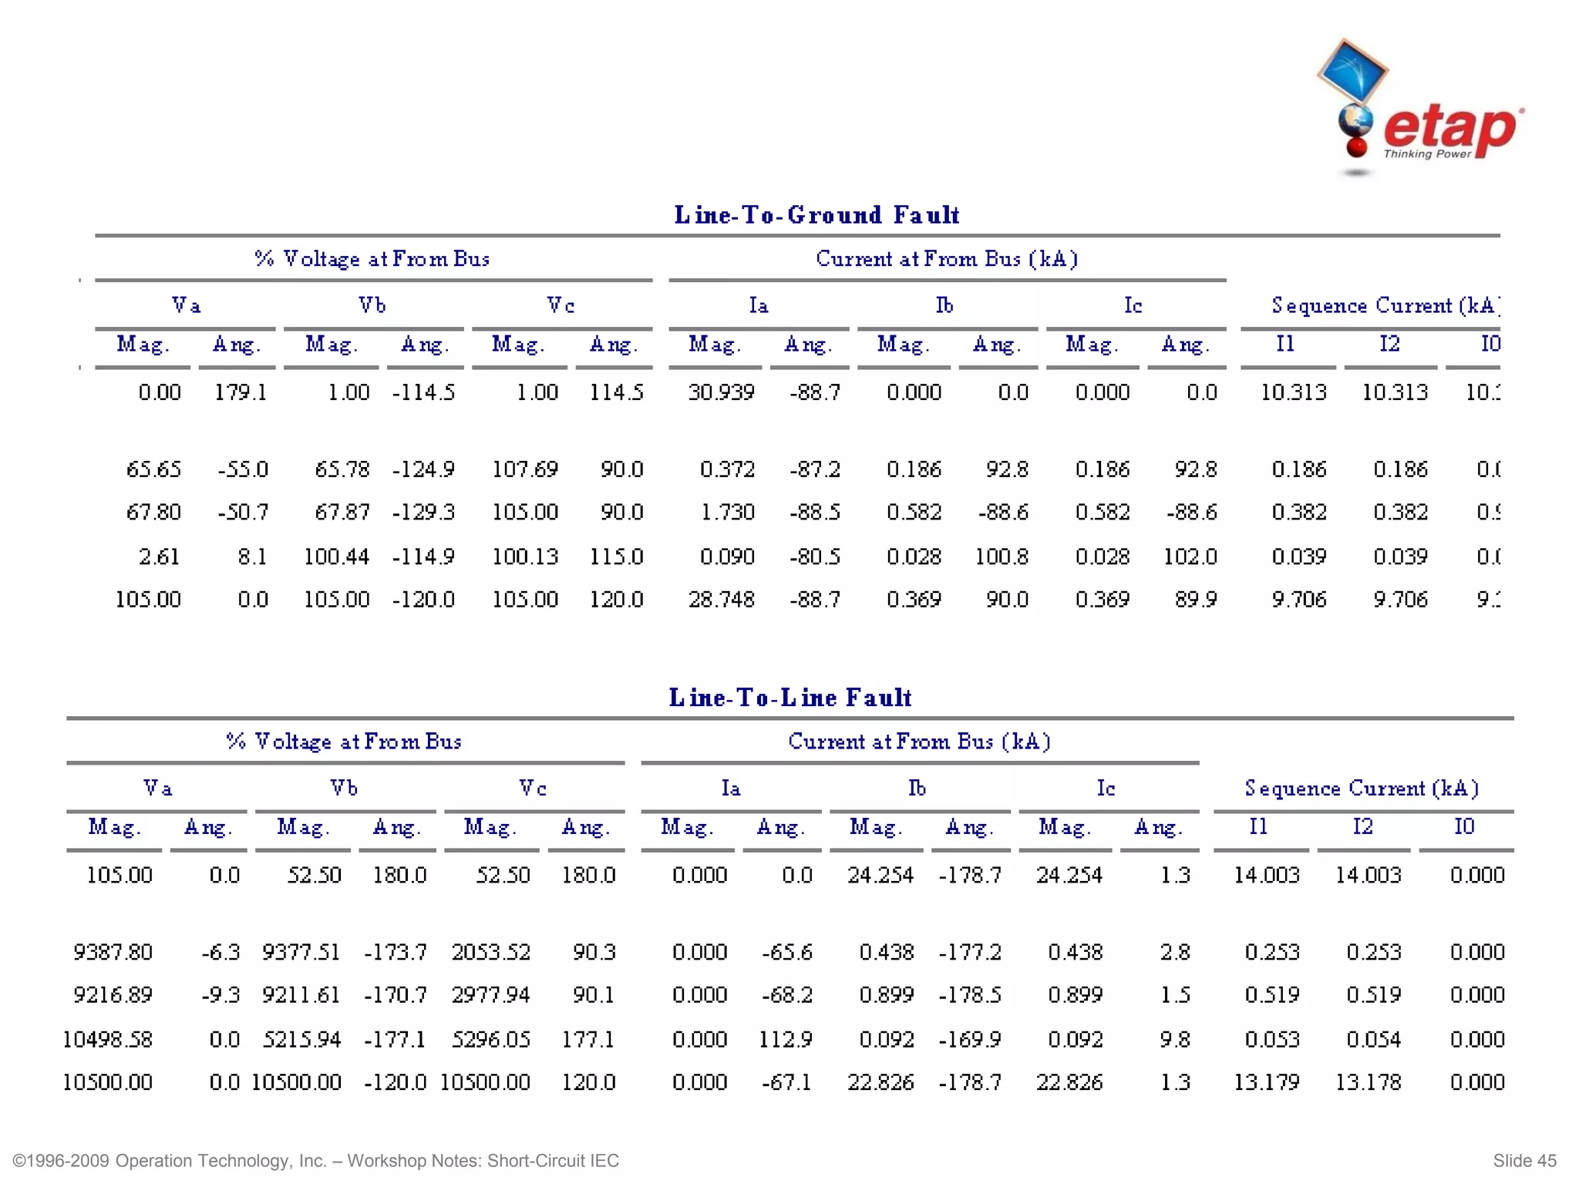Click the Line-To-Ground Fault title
(816, 215)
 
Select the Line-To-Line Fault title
(789, 698)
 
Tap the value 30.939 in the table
(721, 392)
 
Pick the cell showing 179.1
(241, 392)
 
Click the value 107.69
(524, 469)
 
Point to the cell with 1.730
(726, 513)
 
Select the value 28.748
(721, 600)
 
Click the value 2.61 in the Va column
(159, 557)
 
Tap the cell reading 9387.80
(113, 953)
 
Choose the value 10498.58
(107, 1040)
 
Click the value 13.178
(1368, 1083)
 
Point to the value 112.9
(785, 1040)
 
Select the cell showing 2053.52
(491, 953)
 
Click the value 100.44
(336, 557)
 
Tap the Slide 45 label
(1524, 1161)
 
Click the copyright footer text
(316, 1161)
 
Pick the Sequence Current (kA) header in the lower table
(1362, 789)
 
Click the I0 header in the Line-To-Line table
(1464, 827)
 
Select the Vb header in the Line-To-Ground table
(372, 306)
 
